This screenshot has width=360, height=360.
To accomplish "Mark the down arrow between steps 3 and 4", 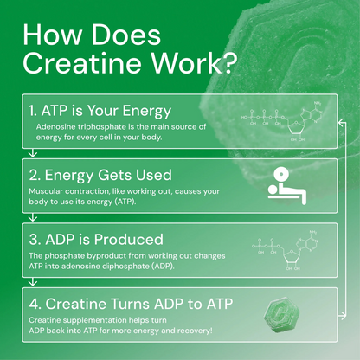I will (x=32, y=279).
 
